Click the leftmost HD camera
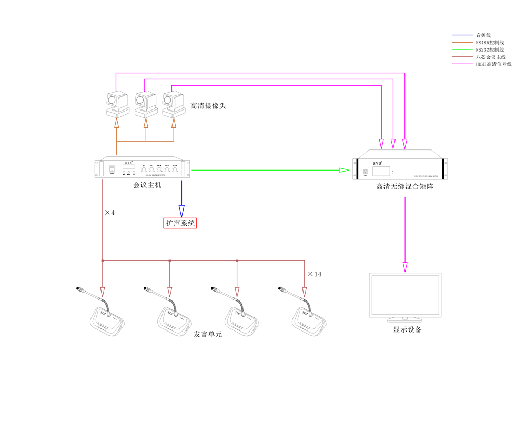click(117, 104)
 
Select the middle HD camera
click(146, 104)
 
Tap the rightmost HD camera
click(174, 104)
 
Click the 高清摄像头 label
click(208, 106)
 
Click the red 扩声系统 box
click(180, 223)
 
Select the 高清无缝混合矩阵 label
click(404, 186)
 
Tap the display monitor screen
click(404, 294)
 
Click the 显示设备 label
click(407, 330)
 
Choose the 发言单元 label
click(207, 334)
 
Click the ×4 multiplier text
click(109, 213)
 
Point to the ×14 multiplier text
click(315, 274)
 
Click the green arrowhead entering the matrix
click(344, 170)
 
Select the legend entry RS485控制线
click(490, 42)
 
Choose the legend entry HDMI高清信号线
click(493, 64)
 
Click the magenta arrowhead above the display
click(405, 266)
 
